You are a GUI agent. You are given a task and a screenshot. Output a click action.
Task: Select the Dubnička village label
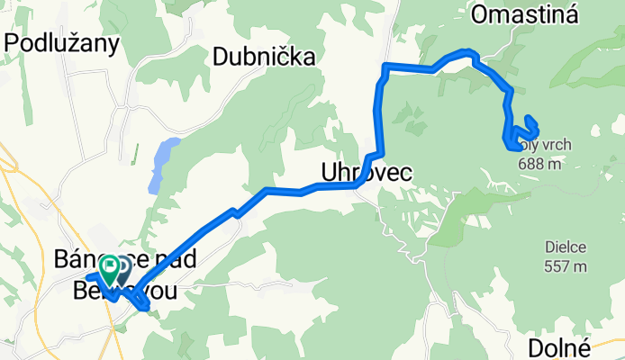click(x=264, y=58)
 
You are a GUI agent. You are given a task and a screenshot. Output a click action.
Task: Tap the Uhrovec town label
click(x=365, y=172)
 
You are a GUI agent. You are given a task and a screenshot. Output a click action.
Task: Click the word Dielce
click(x=566, y=246)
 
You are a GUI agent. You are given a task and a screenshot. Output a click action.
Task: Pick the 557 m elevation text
click(x=566, y=265)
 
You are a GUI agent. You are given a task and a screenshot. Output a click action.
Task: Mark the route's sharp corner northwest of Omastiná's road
click(x=386, y=66)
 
